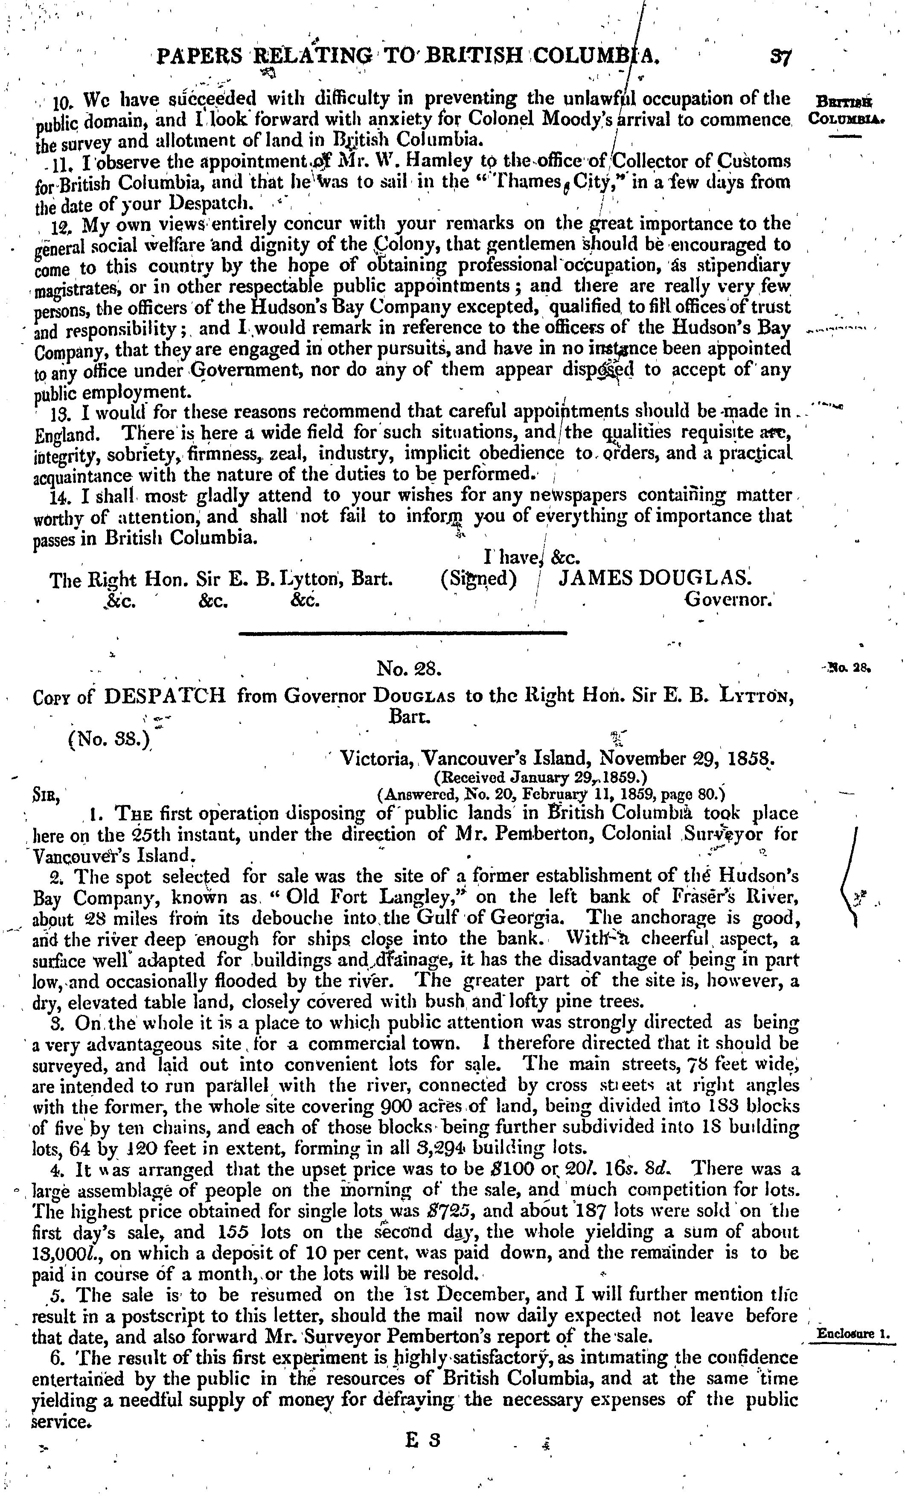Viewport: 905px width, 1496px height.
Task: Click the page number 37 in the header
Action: coord(777,57)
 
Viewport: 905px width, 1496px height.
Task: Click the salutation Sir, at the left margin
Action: coord(46,795)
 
